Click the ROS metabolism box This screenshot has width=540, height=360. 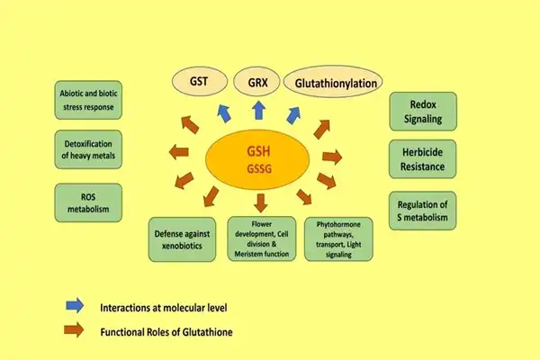(x=94, y=201)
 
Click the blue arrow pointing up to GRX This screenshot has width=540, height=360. (x=257, y=109)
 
